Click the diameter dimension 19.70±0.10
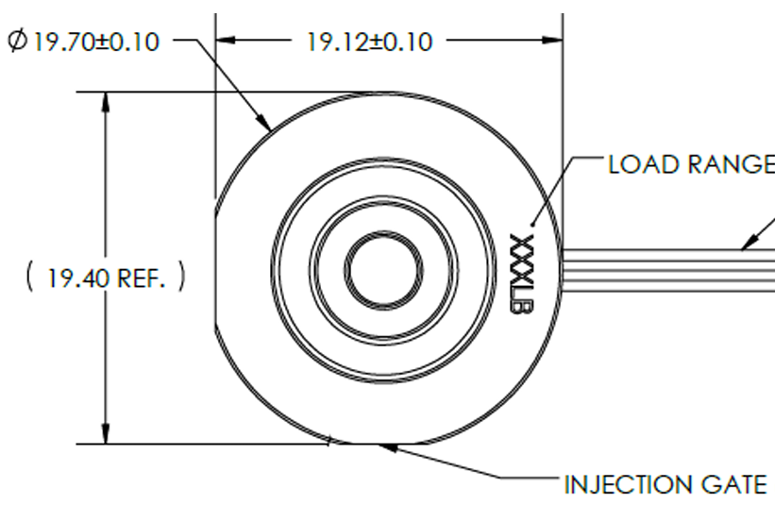coord(83,41)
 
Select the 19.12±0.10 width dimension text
coord(370,42)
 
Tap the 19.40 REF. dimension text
coord(106,278)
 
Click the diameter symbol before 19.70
coord(18,40)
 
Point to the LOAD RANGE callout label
coord(691,164)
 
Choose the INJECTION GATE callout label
coord(665,484)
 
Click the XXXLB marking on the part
coord(521,274)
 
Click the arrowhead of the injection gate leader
coord(387,447)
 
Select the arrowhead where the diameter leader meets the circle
coord(264,122)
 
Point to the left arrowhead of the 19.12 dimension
coord(226,40)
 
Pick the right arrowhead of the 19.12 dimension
coord(552,40)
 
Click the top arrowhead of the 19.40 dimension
coord(106,102)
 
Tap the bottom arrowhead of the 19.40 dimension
coord(106,433)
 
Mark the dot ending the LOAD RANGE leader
coord(531,226)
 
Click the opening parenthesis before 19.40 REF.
coord(29,277)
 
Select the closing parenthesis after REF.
coord(181,277)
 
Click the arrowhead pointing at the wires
coord(749,243)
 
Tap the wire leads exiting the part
coord(668,270)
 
